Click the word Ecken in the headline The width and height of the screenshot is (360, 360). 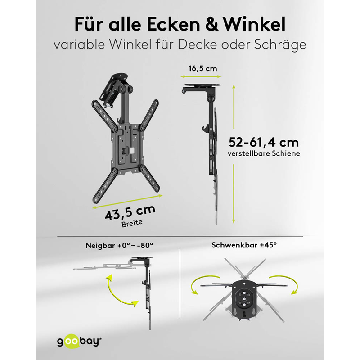[173, 24]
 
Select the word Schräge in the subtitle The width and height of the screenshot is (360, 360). [280, 45]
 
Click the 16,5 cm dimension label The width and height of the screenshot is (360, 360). [202, 69]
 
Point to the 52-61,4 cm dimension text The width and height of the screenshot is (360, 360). [264, 142]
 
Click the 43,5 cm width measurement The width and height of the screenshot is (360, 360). [130, 212]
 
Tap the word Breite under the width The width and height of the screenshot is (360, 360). [132, 223]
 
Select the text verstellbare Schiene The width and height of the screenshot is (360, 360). [264, 153]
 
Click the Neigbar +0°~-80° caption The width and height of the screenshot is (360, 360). [119, 245]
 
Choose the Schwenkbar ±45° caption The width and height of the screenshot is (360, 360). [244, 245]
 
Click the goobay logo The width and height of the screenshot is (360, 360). [79, 341]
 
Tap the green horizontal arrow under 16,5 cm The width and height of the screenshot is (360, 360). [201, 76]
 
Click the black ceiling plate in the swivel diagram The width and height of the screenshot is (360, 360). [244, 298]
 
